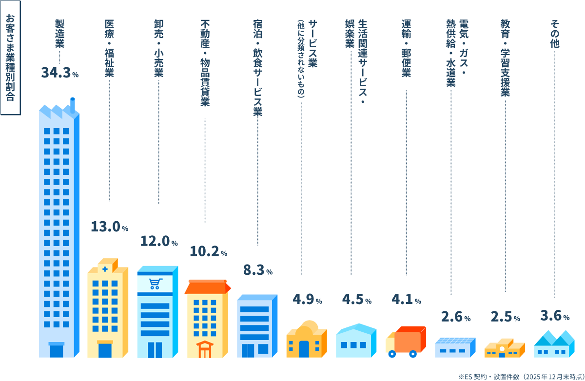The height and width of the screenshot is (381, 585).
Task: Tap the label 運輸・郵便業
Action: (406, 48)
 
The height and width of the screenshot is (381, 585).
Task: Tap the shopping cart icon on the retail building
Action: (156, 284)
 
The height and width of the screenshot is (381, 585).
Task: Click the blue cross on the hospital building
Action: (105, 269)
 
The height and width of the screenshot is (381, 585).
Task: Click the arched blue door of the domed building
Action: (304, 349)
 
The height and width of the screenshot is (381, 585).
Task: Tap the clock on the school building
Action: (502, 349)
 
